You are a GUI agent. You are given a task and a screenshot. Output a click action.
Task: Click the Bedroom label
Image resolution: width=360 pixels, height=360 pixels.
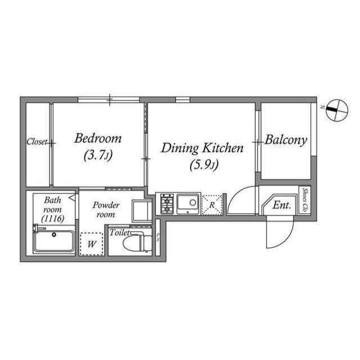(x=98, y=138)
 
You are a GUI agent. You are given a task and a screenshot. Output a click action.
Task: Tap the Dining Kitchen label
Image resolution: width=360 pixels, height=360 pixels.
(x=202, y=148)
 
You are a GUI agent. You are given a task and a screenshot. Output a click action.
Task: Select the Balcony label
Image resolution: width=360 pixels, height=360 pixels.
(x=286, y=140)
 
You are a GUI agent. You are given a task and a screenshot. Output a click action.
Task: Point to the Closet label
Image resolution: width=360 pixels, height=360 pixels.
(x=37, y=142)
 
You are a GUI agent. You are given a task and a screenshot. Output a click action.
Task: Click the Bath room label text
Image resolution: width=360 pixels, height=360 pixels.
(x=52, y=209)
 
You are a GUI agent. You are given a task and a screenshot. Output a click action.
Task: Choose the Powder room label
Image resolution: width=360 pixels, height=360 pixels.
(x=105, y=209)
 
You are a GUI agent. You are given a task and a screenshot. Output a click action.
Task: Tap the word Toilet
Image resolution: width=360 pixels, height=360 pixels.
(x=119, y=232)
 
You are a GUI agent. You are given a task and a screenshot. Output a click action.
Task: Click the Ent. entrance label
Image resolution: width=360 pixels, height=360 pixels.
(x=281, y=205)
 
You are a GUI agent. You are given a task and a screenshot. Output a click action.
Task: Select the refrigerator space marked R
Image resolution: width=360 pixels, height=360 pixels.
(x=212, y=204)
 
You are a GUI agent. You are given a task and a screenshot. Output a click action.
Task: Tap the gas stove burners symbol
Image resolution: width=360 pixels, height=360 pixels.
(x=166, y=204)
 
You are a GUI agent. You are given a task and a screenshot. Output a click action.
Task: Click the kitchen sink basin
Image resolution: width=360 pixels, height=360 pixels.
(x=187, y=202)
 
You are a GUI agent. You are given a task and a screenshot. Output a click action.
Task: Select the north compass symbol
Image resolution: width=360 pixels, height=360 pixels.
(x=335, y=109)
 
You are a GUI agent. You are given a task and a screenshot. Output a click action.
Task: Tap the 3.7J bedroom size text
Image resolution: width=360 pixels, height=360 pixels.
(x=98, y=155)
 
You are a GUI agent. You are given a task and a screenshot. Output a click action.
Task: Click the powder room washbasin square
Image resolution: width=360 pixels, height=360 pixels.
(x=139, y=210)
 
